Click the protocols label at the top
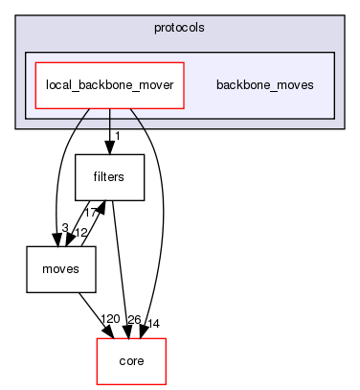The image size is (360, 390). [x=179, y=27]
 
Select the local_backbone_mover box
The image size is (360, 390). [x=109, y=84]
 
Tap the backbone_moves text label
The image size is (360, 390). [x=264, y=85]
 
